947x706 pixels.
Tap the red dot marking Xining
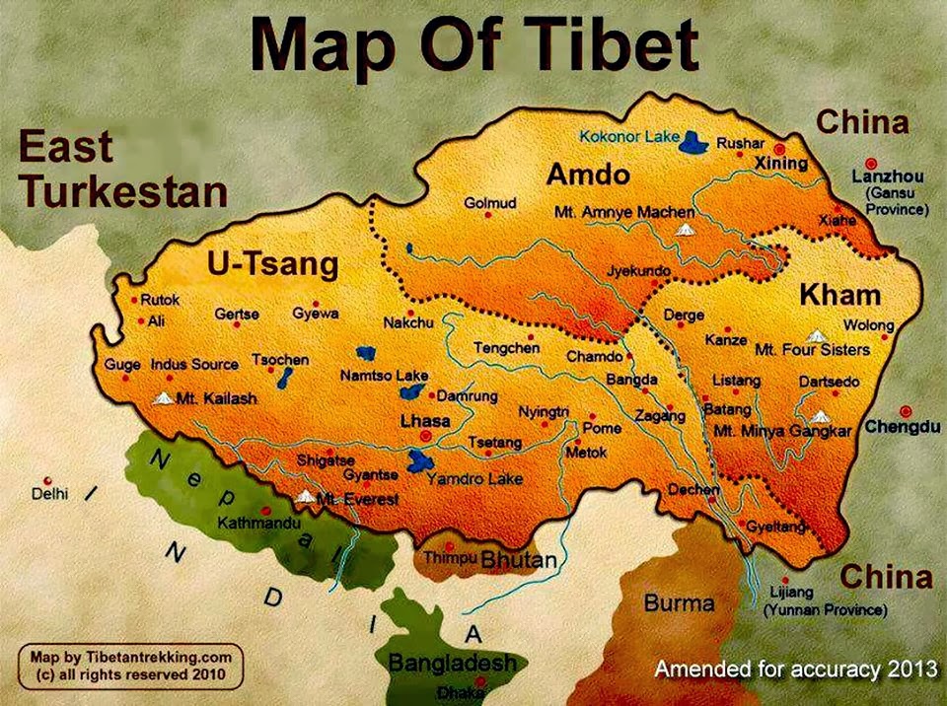(779, 149)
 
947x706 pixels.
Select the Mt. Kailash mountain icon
(165, 398)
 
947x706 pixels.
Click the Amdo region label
(588, 176)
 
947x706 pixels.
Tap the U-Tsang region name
(272, 264)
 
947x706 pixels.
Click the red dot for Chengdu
(906, 411)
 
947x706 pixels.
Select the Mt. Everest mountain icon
(307, 497)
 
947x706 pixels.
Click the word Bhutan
(519, 560)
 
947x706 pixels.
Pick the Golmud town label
(490, 203)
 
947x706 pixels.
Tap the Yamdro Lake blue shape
(420, 460)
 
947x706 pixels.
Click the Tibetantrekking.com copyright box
(132, 666)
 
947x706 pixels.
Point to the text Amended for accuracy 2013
(795, 670)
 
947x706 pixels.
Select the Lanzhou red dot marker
(870, 164)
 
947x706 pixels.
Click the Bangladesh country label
(452, 663)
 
